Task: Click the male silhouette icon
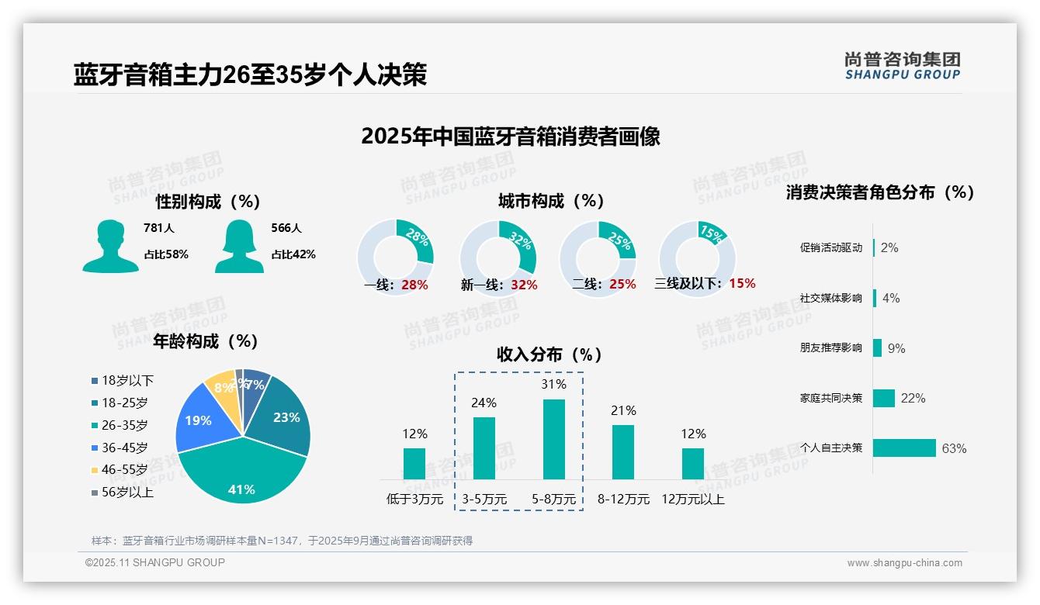[110, 246]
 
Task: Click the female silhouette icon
[239, 246]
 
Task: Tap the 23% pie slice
[283, 415]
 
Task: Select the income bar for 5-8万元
[553, 439]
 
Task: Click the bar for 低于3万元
[414, 463]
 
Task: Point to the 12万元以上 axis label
[693, 500]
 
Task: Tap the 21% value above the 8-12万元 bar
[623, 410]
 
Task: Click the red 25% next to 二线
[622, 285]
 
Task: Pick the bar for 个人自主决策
[905, 448]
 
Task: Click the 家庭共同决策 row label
[830, 398]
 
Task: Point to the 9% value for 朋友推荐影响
[896, 348]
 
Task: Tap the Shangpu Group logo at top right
[903, 66]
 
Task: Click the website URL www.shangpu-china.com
[904, 563]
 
